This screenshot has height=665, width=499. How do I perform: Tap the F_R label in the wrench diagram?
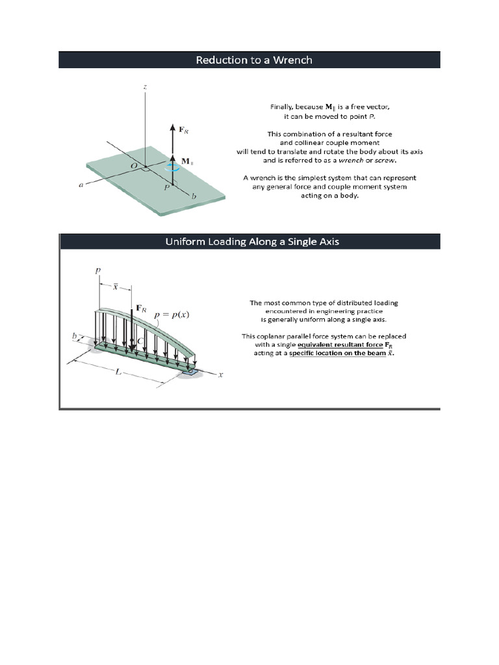pos(184,130)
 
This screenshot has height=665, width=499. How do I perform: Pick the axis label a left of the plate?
pos(81,185)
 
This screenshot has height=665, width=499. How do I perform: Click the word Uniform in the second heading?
pos(184,242)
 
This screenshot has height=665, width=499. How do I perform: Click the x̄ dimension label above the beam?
pos(114,286)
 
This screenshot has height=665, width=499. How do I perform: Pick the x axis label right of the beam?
pos(220,375)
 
